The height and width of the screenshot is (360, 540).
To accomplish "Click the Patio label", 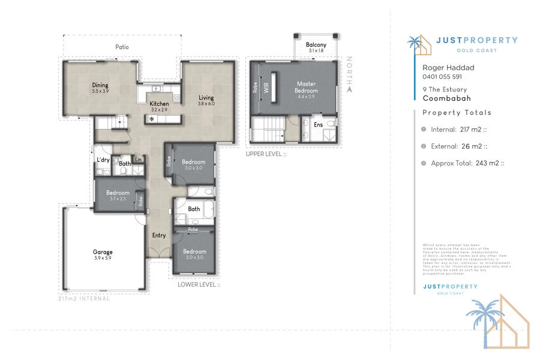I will pyautogui.click(x=122, y=46).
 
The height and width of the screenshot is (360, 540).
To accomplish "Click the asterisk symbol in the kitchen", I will pyautogui.click(x=152, y=120).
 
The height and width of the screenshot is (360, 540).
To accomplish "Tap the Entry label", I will pyautogui.click(x=159, y=235).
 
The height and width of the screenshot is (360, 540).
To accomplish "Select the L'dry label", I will pyautogui.click(x=103, y=160).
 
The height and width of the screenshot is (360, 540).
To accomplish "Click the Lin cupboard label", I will pyautogui.click(x=139, y=159).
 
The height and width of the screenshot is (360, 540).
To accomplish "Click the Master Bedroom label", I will pyautogui.click(x=307, y=87).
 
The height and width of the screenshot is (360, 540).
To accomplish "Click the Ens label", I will pyautogui.click(x=319, y=125).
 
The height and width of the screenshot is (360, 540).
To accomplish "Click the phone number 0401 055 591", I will pyautogui.click(x=443, y=76).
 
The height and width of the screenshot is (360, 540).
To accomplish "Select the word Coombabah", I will pyautogui.click(x=446, y=98).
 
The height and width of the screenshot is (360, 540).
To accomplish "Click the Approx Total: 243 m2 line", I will pyautogui.click(x=467, y=163).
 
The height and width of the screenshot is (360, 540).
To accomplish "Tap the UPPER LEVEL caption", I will pyautogui.click(x=266, y=154).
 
